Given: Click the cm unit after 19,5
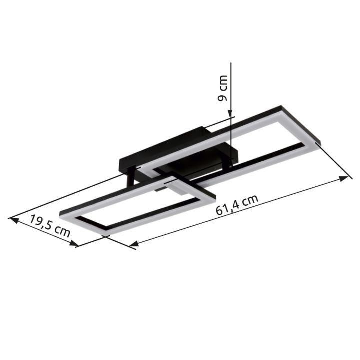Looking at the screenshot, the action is point(63,232).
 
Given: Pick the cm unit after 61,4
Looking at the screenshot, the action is point(251,200).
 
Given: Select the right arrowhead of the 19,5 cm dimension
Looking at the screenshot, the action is point(74,243).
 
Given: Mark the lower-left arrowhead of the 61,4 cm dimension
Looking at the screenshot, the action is point(134,244).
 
